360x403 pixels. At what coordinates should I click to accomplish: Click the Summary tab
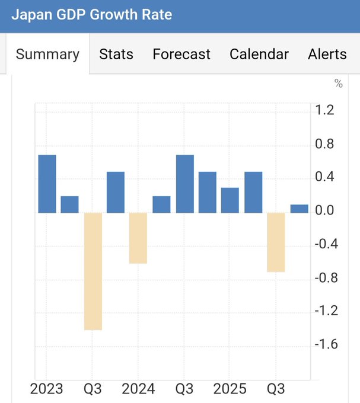[47, 54]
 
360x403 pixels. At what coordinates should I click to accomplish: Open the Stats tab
[116, 54]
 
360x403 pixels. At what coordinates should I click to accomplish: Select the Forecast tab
[181, 54]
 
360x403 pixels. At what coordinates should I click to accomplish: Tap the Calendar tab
[259, 54]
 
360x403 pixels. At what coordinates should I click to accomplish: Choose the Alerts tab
[327, 54]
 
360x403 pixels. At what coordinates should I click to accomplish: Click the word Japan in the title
[30, 15]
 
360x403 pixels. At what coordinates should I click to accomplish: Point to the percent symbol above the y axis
[339, 84]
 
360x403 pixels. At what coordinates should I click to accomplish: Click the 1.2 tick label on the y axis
[325, 110]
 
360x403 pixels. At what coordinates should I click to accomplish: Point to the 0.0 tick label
[325, 210]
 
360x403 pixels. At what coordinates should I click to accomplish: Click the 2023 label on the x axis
[47, 389]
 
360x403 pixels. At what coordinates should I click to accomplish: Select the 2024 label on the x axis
[138, 389]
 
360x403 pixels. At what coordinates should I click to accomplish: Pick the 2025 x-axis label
[230, 389]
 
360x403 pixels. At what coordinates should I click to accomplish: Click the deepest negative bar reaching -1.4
[93, 271]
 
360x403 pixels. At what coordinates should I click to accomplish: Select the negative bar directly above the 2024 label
[138, 238]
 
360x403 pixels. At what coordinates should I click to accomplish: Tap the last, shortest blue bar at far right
[299, 209]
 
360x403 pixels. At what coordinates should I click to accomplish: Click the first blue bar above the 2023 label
[47, 184]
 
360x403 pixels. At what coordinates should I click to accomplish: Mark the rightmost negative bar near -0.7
[276, 242]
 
